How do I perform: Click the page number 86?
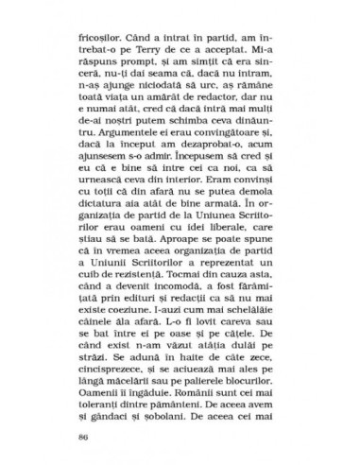click(88, 412)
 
